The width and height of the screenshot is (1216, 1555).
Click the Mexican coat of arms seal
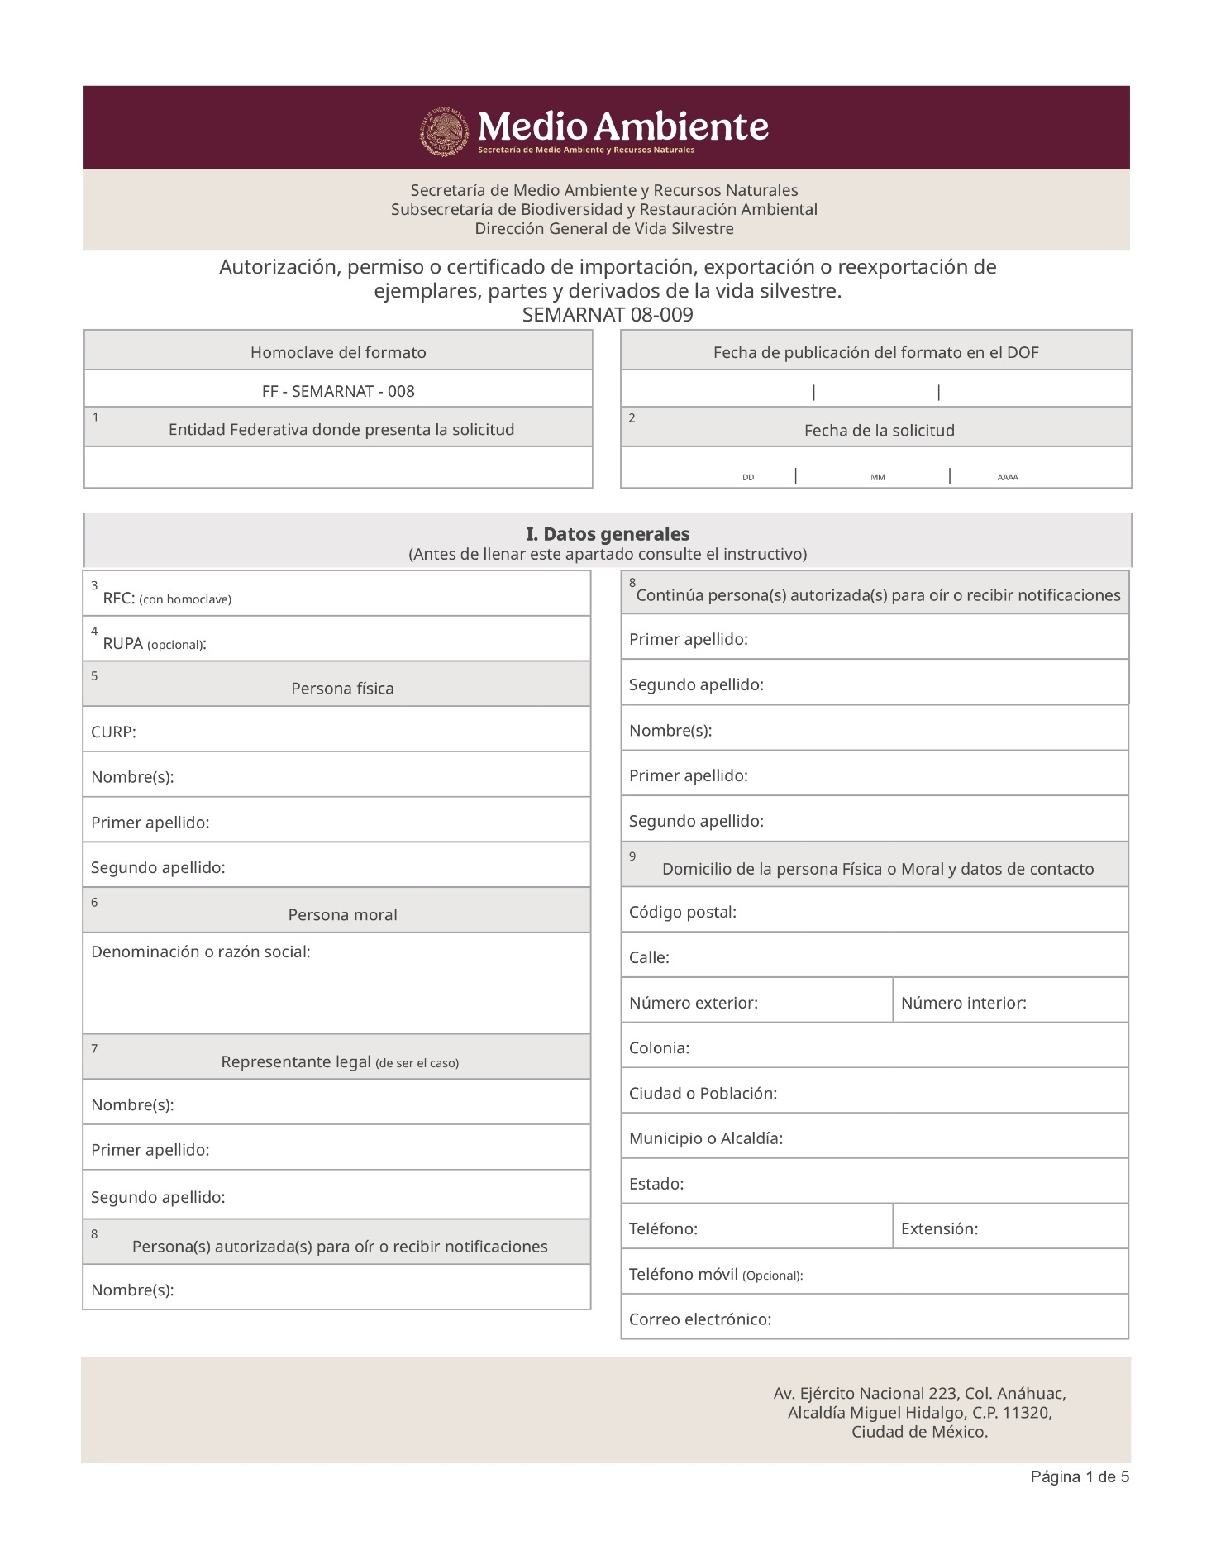coord(445,131)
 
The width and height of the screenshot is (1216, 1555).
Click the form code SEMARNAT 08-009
coord(608,315)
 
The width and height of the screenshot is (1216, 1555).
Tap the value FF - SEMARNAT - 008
coord(338,391)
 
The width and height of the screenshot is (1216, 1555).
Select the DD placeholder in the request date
coord(748,478)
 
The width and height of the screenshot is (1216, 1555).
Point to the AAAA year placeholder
coord(1007,478)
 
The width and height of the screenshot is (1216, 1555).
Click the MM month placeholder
coord(877,478)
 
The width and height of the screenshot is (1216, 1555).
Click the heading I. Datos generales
coord(608,534)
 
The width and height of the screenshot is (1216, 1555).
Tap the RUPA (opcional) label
coord(154,644)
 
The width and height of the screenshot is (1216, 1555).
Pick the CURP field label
coord(113,732)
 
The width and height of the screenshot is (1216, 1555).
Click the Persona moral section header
coord(342,914)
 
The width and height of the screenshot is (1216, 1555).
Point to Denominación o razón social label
coord(201,952)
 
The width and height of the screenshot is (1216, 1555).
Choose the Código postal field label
coord(683,912)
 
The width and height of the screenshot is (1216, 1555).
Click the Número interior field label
coord(963,1003)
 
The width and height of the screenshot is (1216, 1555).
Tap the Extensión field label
coord(939,1228)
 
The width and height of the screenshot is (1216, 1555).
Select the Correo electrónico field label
coord(700,1319)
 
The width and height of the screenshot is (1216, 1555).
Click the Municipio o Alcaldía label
coord(706,1138)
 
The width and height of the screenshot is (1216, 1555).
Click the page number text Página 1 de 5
coord(1079,1476)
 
